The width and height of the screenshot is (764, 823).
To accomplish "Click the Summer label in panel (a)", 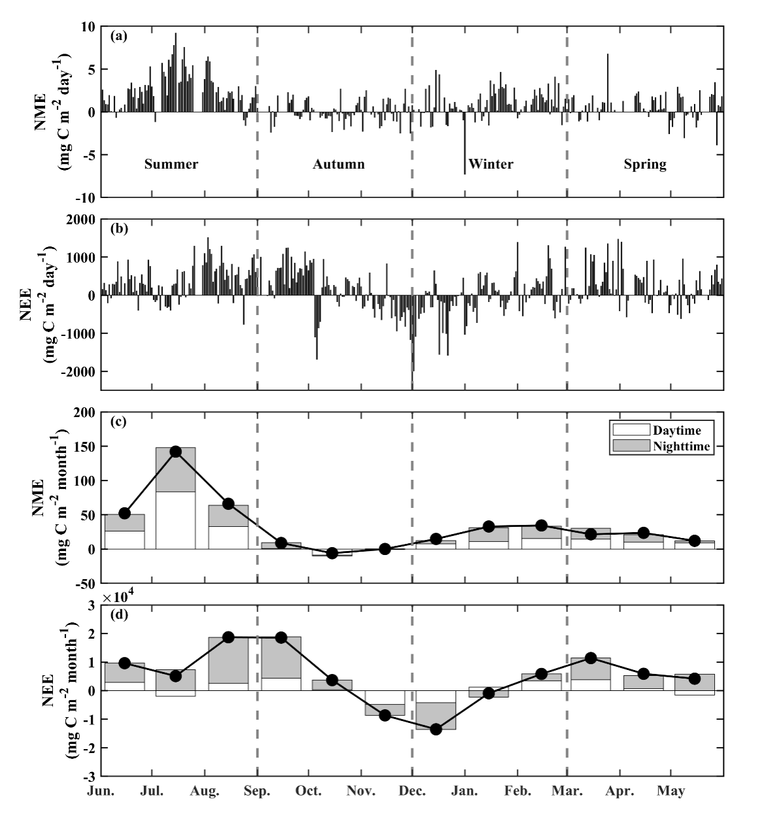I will coord(171,164).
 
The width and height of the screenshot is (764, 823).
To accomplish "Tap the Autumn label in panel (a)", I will coord(338,164).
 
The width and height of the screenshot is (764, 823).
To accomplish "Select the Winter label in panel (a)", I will coord(491,163).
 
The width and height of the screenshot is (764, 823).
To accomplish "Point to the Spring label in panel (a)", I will coord(645,164).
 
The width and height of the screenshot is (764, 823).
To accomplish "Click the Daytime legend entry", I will coord(676,430).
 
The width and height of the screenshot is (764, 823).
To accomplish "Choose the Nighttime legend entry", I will coord(681,446).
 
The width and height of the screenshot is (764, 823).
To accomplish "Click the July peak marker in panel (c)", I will coord(175,452).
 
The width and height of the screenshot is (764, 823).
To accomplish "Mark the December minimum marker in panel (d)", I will coord(436,729).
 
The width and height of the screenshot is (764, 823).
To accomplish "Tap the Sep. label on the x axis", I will coord(256,792).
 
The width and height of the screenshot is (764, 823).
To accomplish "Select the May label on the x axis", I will coord(671,792).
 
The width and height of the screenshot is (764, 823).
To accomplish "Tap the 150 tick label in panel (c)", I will coord(85,446).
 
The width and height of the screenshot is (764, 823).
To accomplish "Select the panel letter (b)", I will coord(119,229).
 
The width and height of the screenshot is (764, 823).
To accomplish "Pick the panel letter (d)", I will coord(119,614).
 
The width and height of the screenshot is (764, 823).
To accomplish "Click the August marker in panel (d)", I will coord(228,637).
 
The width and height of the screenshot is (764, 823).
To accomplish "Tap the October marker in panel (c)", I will coord(332,553).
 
